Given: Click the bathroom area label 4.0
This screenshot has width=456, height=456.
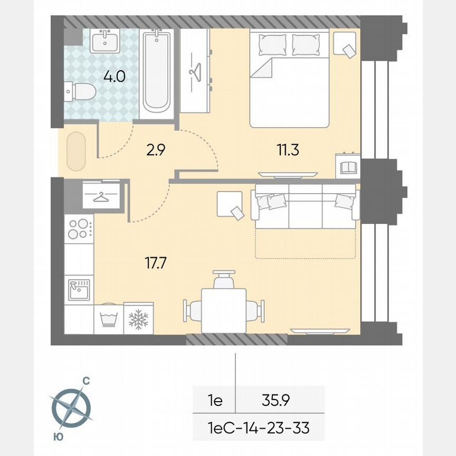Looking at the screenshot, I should click(114, 77).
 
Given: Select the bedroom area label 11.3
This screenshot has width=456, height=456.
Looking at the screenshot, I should click(288, 150).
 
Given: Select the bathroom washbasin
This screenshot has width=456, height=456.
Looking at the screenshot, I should click(104, 41).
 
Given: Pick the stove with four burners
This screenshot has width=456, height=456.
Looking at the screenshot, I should click(79, 229).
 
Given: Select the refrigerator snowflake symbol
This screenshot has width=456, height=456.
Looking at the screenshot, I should click(138, 319).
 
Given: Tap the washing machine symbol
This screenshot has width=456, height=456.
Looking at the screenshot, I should click(108, 319).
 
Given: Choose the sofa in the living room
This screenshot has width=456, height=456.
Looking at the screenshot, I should click(305, 206).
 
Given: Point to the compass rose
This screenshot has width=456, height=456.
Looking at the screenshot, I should click(71, 407).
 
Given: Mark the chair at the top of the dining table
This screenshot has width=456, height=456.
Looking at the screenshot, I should click(224, 278).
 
